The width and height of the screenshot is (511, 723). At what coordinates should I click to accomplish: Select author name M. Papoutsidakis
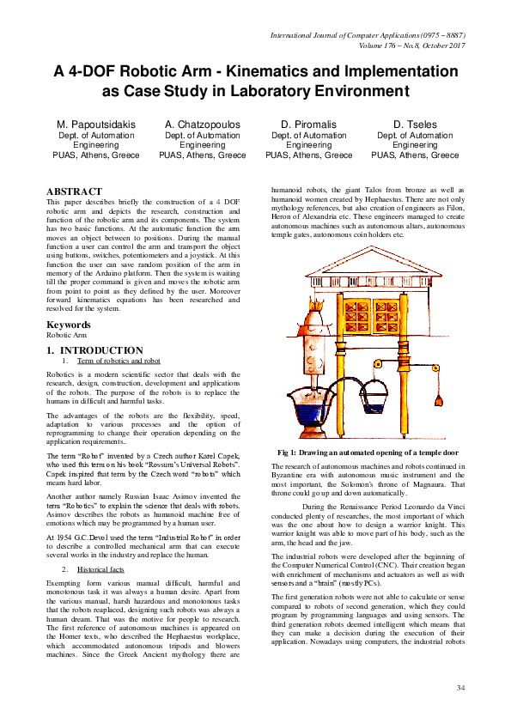(x=96, y=125)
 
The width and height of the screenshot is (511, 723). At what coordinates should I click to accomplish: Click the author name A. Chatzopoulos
(x=203, y=125)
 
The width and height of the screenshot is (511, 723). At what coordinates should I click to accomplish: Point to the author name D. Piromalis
(x=308, y=125)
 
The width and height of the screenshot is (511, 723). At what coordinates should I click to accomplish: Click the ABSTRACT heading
(x=74, y=191)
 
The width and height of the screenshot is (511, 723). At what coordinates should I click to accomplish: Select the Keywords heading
(x=68, y=325)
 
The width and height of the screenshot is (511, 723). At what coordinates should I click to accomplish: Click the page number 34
(x=460, y=688)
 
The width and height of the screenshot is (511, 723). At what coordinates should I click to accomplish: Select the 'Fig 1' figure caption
(x=368, y=452)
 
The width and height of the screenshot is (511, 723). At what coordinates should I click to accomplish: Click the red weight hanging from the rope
(x=439, y=399)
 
